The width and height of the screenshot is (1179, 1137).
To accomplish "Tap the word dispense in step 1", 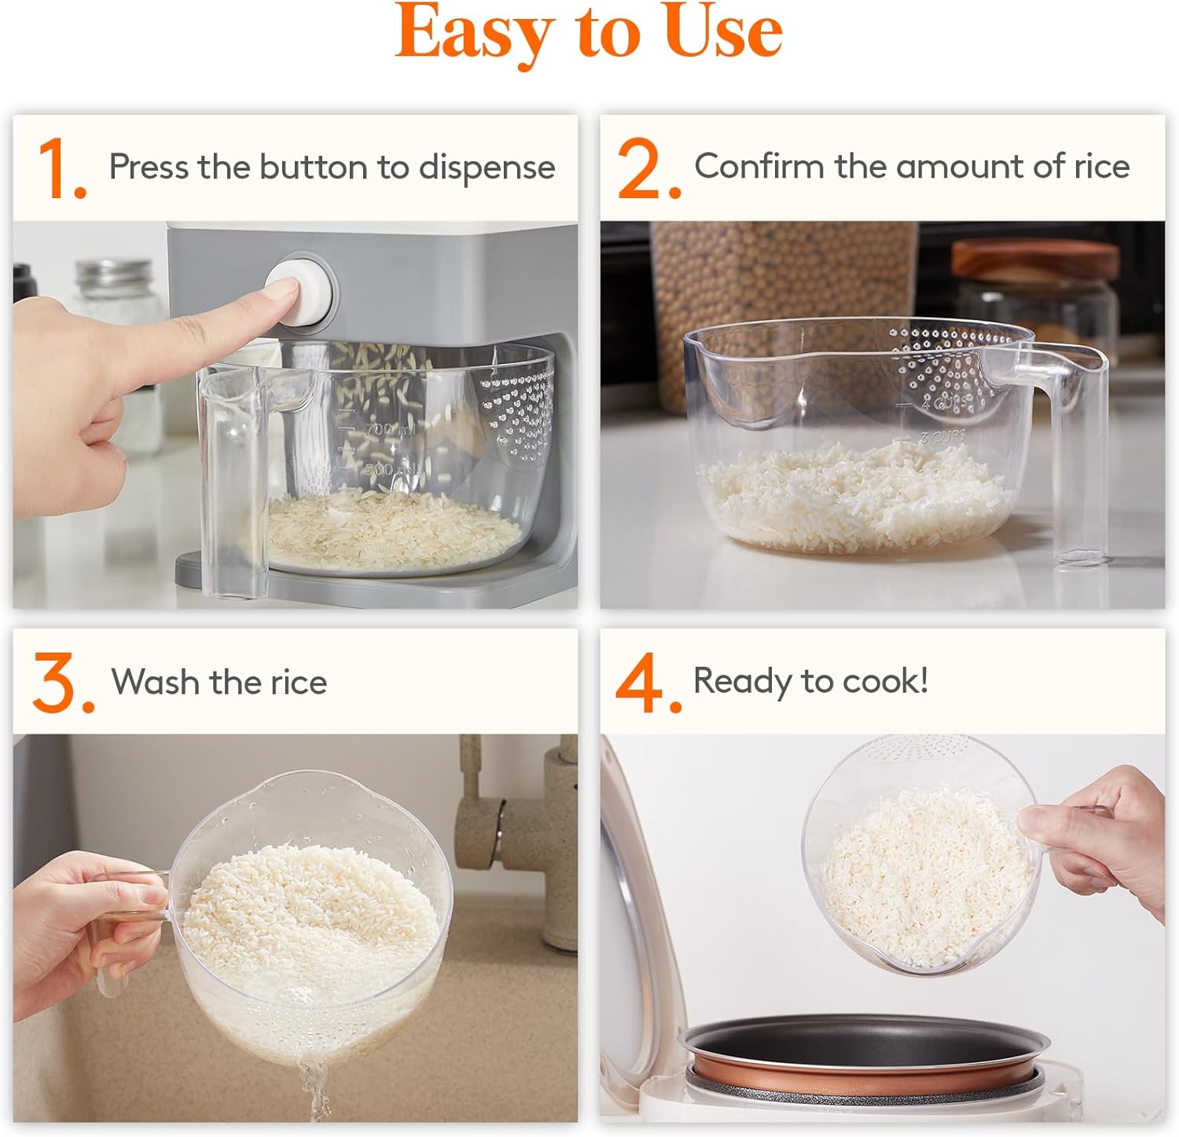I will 487,167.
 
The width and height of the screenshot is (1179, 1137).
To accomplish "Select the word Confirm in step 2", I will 758,167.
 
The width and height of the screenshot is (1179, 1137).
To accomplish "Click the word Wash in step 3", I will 155,682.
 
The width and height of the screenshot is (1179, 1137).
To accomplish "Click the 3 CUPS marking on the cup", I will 943,436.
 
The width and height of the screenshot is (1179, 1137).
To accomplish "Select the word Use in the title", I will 723,33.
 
